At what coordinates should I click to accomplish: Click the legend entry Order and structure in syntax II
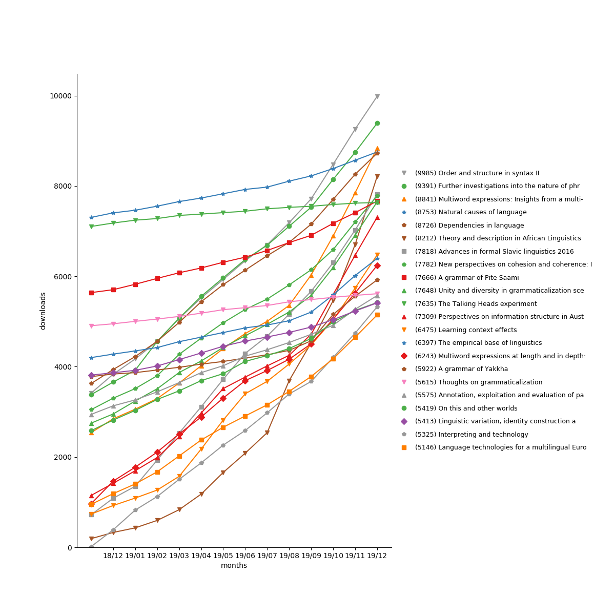477,173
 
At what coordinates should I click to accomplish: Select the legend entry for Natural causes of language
470,212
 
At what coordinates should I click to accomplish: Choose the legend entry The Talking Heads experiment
476,304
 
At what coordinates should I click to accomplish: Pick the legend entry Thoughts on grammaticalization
478,382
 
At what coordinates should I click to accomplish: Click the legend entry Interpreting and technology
471,435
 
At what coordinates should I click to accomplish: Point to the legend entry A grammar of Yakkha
461,369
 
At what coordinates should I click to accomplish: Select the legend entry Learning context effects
465,330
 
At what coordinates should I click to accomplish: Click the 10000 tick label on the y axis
60,96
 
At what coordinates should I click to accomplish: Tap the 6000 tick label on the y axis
63,276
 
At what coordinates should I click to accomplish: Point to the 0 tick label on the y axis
70,547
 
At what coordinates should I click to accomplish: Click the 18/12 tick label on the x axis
113,555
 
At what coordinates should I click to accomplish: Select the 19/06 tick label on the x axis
245,555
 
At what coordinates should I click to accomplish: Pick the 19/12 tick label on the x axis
377,555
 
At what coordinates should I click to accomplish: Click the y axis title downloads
43,311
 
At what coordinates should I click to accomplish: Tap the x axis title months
234,566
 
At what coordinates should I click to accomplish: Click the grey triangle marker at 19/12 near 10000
377,96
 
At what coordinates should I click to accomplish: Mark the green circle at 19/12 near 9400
377,123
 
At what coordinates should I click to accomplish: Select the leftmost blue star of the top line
91,217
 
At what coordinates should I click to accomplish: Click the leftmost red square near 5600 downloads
91,293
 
